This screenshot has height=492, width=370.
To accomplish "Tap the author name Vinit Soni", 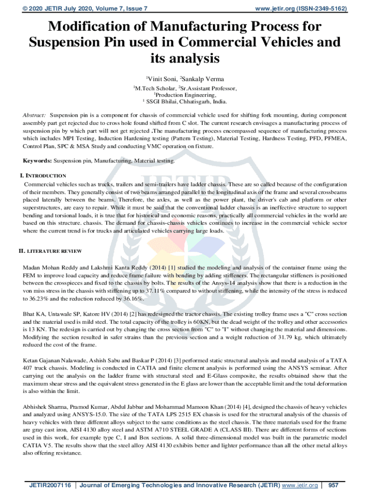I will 162,78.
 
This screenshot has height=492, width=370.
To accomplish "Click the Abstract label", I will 34,116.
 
